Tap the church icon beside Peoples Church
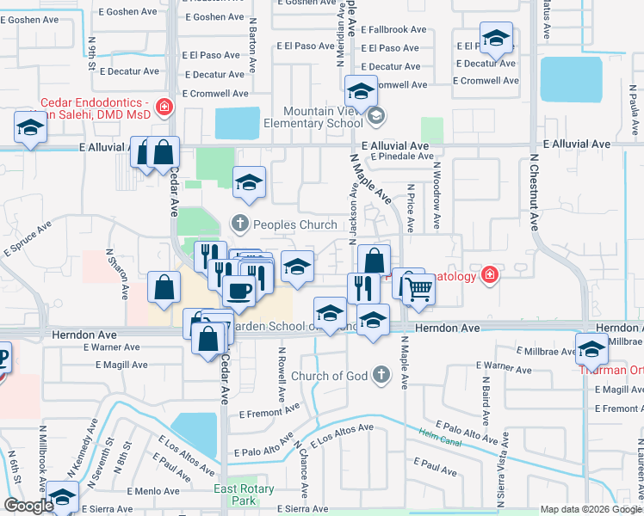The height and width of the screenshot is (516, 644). [x=240, y=225]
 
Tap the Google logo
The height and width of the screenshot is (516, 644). [x=28, y=506]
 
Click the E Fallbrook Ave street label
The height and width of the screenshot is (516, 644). [x=393, y=29]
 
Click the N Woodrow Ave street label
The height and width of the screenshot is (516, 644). [x=437, y=196]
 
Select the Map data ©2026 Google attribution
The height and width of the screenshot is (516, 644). [x=591, y=509]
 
